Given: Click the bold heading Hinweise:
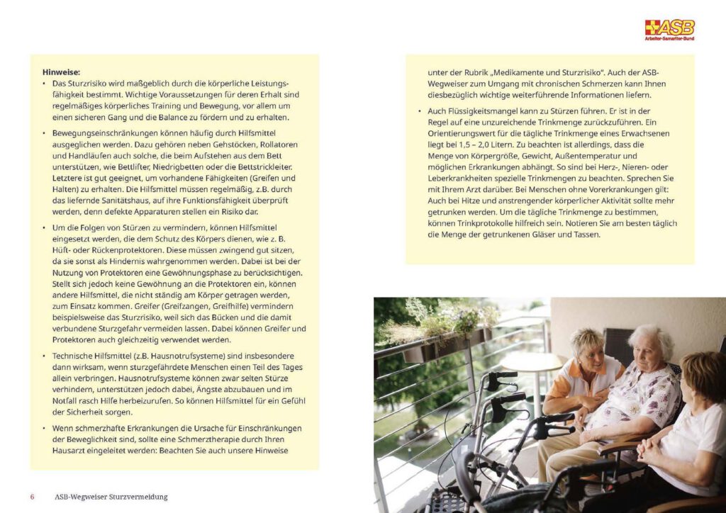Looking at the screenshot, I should [62, 72].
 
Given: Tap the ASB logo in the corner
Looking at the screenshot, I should [669, 29].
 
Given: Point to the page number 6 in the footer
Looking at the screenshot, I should [32, 497].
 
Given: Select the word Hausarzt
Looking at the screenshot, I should [70, 451].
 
